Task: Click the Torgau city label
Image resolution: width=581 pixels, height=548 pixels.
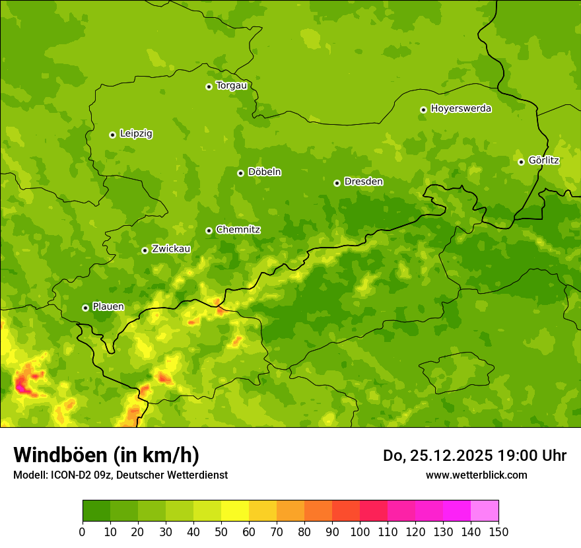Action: coord(231,86)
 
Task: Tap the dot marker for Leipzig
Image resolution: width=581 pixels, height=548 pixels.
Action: coord(112,135)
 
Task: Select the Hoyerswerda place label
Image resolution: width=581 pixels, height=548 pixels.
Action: coord(461,109)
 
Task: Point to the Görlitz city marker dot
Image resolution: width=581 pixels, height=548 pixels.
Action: coord(521,162)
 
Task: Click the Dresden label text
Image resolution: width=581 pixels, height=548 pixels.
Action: coord(363,182)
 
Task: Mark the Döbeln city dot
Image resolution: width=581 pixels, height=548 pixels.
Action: coord(240,173)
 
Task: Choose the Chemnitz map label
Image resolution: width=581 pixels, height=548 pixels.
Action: coord(238,230)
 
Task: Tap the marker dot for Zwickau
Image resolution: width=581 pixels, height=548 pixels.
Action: coord(145,250)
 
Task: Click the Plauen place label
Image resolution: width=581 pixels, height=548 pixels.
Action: coord(108,307)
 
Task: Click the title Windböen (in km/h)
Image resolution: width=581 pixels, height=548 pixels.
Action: coord(106,455)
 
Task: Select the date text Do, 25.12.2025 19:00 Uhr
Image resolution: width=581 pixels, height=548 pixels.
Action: coord(474,456)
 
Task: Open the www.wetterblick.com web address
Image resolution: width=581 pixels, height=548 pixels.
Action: coord(476,475)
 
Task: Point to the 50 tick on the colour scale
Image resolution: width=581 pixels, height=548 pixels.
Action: coord(221,531)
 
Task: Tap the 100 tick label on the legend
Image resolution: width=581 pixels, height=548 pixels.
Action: coord(360,531)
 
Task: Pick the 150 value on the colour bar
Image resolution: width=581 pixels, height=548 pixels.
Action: coord(498,531)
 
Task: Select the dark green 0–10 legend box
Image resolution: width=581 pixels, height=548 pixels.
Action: coord(96,511)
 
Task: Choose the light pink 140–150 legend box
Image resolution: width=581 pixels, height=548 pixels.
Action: coord(485,511)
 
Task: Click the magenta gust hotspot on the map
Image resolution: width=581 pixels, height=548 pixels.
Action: coord(23,388)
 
